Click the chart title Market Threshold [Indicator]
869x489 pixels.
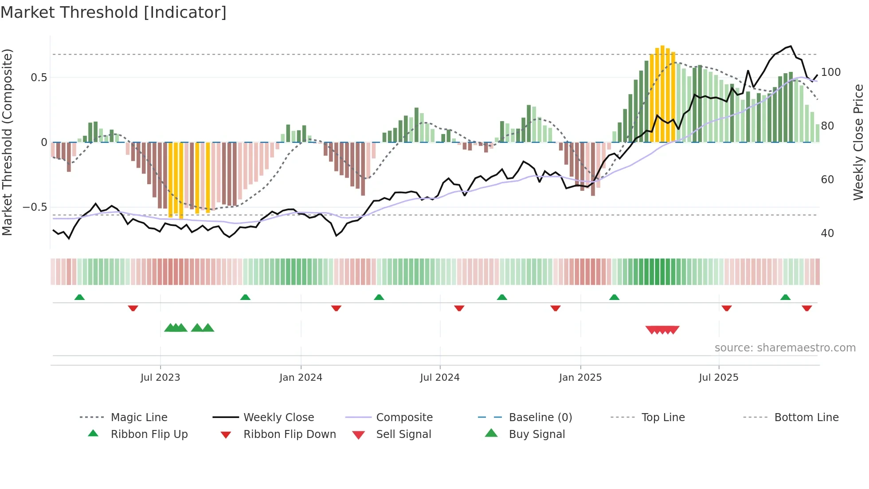pyautogui.click(x=114, y=12)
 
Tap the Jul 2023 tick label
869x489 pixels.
pyautogui.click(x=160, y=378)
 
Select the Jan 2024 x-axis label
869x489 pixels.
pyautogui.click(x=301, y=378)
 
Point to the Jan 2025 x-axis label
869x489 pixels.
pyautogui.click(x=580, y=378)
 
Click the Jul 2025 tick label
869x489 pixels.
pyautogui.click(x=718, y=378)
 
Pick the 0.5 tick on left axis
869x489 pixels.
pyautogui.click(x=39, y=78)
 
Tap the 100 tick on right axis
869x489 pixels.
pyautogui.click(x=830, y=72)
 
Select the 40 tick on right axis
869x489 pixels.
pyautogui.click(x=827, y=233)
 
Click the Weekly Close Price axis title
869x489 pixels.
pyautogui.click(x=858, y=142)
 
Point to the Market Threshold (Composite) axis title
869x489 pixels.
pyautogui.click(x=7, y=142)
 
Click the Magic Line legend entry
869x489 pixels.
pyautogui.click(x=139, y=418)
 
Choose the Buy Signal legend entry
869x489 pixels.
pyautogui.click(x=536, y=434)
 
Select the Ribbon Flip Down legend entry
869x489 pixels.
pyautogui.click(x=289, y=434)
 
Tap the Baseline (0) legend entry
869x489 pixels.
pyautogui.click(x=540, y=418)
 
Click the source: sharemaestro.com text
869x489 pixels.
pyautogui.click(x=785, y=348)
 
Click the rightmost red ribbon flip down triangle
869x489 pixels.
pyautogui.click(x=806, y=308)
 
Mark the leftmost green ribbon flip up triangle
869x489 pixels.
pyautogui.click(x=79, y=297)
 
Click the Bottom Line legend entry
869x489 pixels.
pyautogui.click(x=806, y=418)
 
